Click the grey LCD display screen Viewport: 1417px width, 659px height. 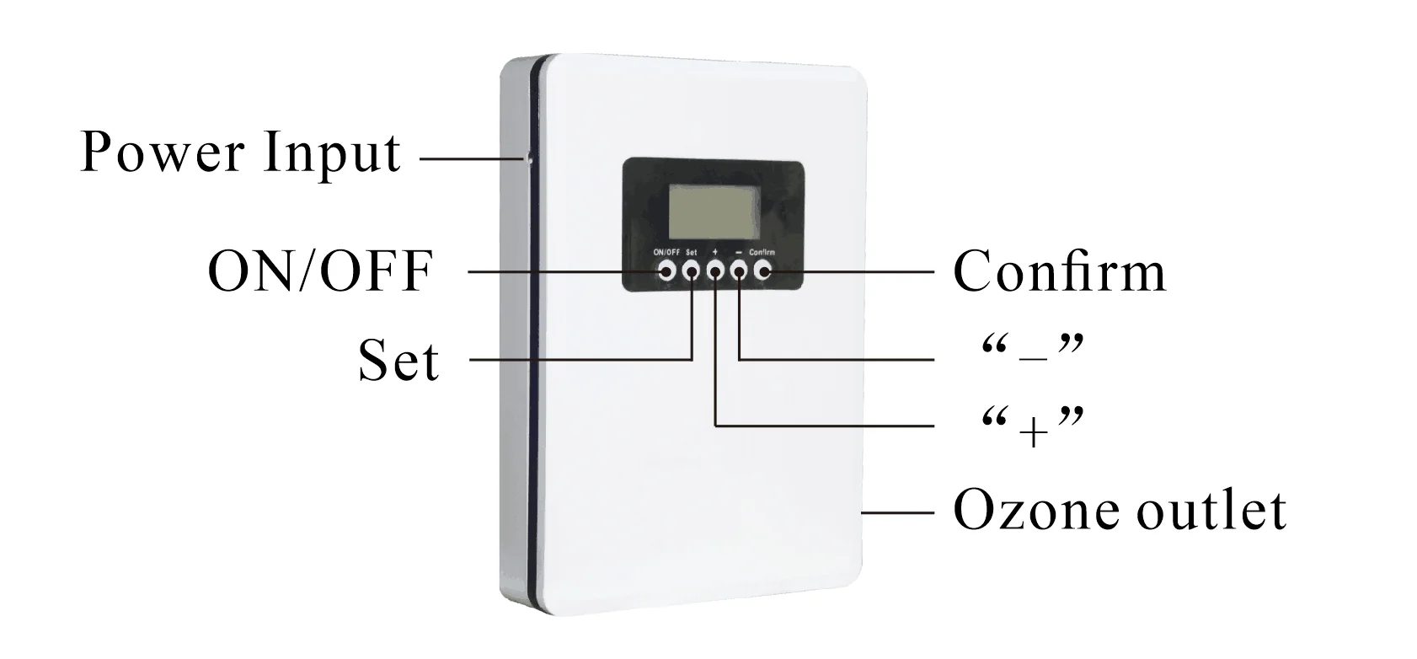pyautogui.click(x=713, y=212)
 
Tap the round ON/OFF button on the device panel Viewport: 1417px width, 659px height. pyautogui.click(x=666, y=271)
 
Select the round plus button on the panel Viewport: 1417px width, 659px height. pyautogui.click(x=715, y=271)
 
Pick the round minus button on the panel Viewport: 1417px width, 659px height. pyautogui.click(x=740, y=271)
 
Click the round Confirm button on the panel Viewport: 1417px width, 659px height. pyautogui.click(x=763, y=271)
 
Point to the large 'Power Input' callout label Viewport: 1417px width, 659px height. pyautogui.click(x=240, y=154)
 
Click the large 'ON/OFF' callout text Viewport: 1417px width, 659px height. pyautogui.click(x=320, y=272)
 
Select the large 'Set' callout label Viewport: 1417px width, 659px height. pyautogui.click(x=398, y=362)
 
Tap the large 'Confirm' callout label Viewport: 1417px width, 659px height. pyautogui.click(x=1060, y=271)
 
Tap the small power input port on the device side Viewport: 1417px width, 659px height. pyautogui.click(x=529, y=158)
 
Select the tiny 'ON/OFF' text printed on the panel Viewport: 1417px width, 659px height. pyautogui.click(x=666, y=252)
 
